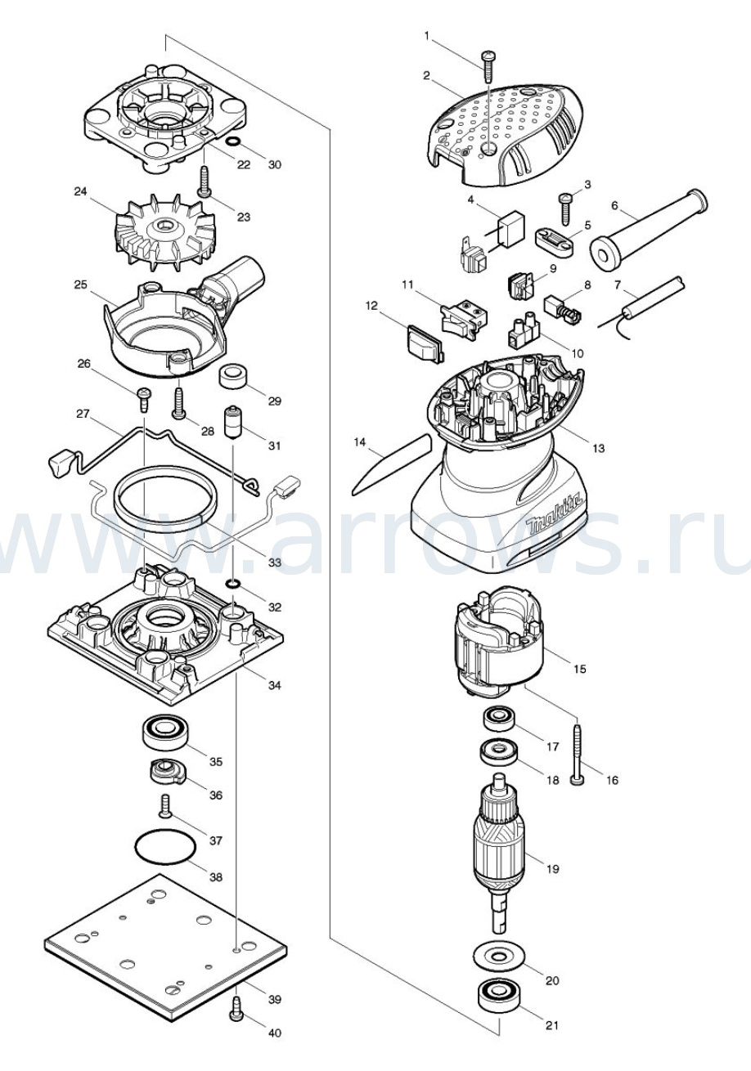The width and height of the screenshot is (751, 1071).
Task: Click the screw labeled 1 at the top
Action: (488, 66)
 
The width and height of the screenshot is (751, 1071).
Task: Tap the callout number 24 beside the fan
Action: (80, 192)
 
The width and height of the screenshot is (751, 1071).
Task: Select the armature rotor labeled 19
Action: (500, 854)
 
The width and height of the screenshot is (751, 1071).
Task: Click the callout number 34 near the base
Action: (274, 685)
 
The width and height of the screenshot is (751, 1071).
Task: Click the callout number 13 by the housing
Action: (598, 448)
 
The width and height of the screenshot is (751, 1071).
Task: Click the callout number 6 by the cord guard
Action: (614, 206)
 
